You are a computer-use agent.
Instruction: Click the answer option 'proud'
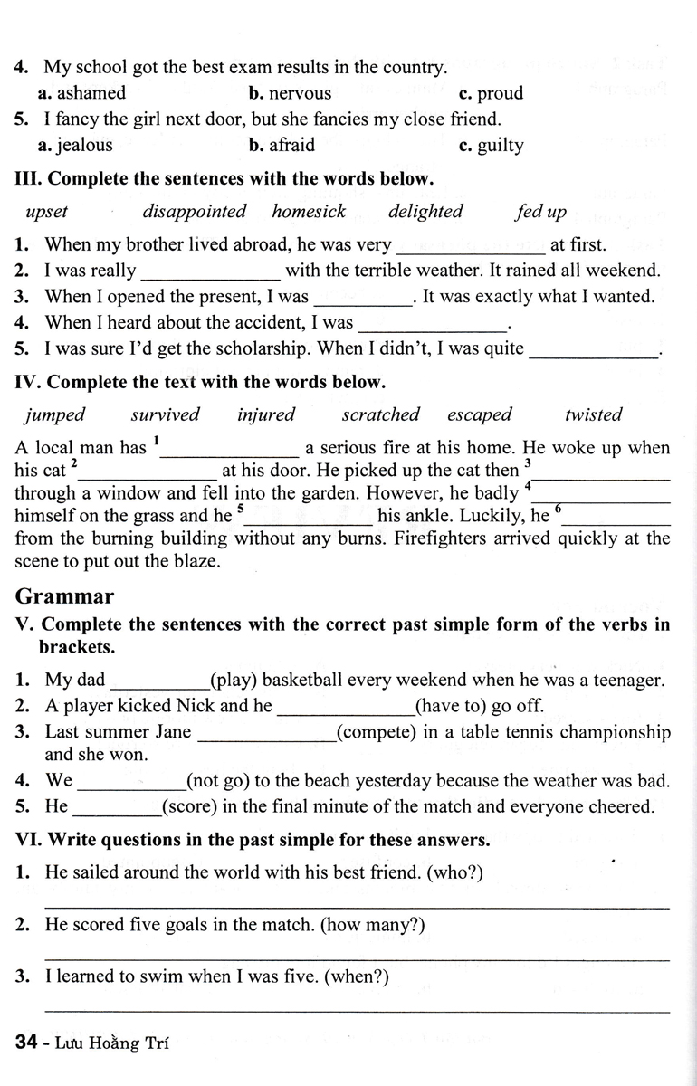coord(500,93)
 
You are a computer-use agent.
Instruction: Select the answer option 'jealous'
coord(83,145)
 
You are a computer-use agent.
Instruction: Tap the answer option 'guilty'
coord(500,146)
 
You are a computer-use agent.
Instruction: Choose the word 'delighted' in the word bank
coord(425,212)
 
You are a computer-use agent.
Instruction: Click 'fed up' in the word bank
coord(540,212)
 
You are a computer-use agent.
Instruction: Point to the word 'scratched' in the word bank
coord(380,415)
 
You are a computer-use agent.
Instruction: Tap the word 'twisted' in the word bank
coord(593,415)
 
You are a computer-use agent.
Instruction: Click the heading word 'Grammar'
coord(65,596)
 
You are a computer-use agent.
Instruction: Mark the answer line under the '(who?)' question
coord(357,907)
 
